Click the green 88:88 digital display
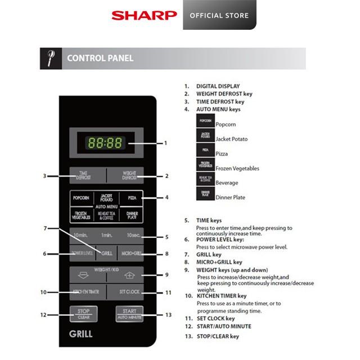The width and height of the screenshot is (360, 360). [x=106, y=143]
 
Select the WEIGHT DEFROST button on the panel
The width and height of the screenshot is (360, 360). [x=125, y=175]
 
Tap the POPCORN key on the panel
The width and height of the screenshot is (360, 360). [x=80, y=199]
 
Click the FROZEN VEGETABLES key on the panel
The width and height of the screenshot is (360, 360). [x=80, y=215]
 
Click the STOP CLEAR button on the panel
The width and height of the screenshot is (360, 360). [x=84, y=313]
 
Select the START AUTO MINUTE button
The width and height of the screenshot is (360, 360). [x=129, y=313]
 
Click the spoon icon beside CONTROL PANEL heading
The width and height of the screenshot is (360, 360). [x=49, y=58]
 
